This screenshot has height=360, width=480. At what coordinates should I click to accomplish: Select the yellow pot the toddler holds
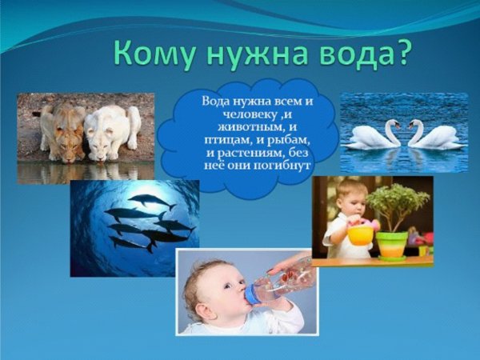pos(360,234)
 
